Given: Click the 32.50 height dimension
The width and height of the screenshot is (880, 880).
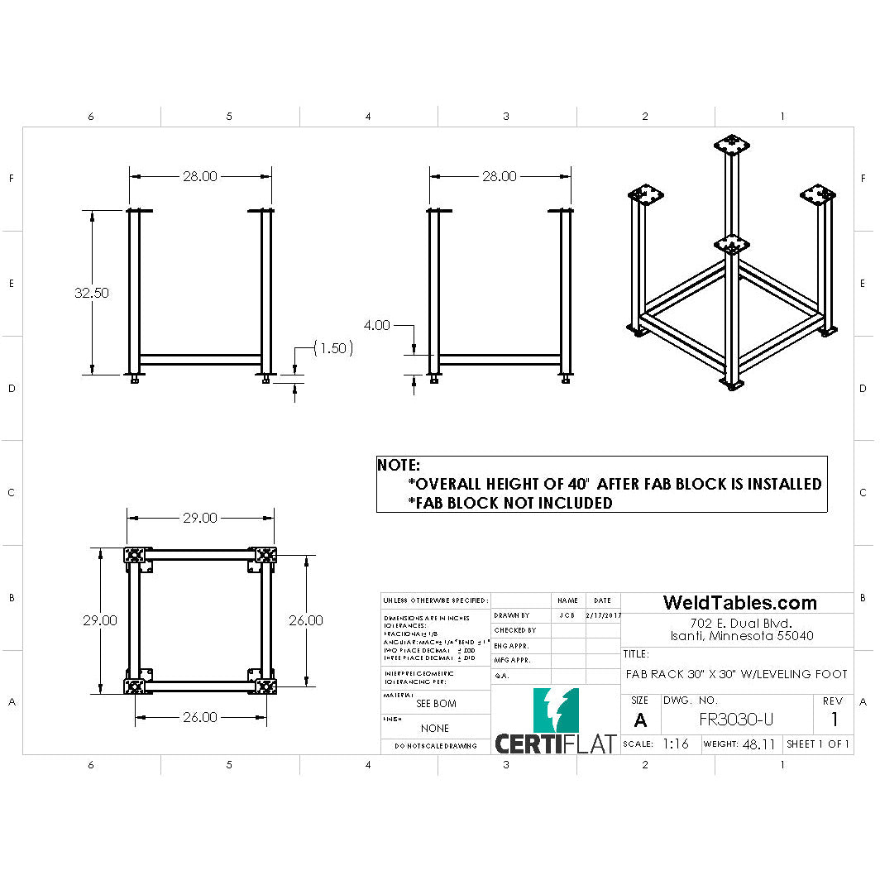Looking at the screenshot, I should point(91,293).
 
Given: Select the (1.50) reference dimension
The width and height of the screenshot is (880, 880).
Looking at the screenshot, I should point(333,348).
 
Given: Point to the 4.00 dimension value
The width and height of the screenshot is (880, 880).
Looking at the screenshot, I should point(376,325).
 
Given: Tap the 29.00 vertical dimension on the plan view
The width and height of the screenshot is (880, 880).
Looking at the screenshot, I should point(99,620).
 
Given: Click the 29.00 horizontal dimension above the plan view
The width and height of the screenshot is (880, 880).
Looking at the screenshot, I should point(199,518).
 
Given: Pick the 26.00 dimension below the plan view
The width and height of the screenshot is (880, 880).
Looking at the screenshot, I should point(199,717).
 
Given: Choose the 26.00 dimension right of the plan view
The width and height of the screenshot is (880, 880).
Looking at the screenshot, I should point(305,620).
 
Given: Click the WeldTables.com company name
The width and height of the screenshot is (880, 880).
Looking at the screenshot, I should point(739,603).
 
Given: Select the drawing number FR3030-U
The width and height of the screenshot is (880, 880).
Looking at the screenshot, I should point(736,720).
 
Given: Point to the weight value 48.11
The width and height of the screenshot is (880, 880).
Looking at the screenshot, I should point(758,744).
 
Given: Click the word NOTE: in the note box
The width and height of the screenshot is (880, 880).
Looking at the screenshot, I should point(399,466).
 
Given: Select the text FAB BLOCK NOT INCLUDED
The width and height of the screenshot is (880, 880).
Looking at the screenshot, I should point(510,503).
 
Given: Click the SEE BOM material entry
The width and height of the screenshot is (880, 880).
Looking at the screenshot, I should point(436,704).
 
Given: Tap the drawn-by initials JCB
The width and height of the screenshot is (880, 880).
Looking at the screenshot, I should point(567,615).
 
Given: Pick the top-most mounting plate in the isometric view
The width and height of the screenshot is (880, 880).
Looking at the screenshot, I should point(731,145).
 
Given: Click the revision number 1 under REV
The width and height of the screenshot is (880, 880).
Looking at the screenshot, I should point(835,720).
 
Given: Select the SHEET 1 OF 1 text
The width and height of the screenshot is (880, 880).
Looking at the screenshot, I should point(818,744).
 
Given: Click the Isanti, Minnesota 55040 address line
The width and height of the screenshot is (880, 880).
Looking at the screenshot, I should point(741,636).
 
